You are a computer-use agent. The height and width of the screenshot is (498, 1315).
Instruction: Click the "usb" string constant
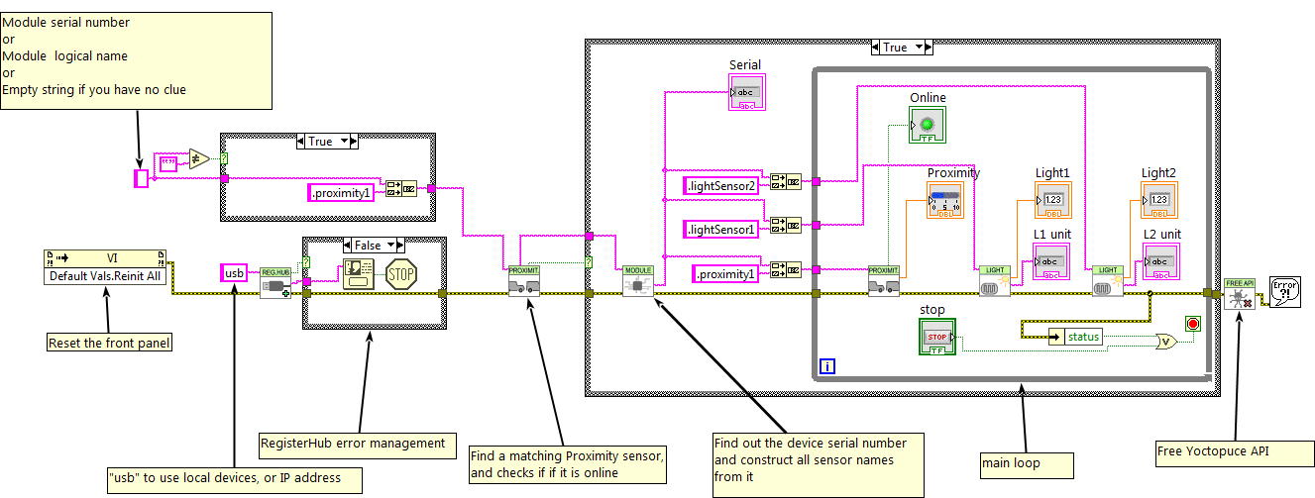(x=234, y=272)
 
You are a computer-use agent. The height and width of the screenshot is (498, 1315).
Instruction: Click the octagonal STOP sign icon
(x=400, y=273)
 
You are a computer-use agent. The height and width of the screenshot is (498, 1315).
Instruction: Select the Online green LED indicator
(x=928, y=125)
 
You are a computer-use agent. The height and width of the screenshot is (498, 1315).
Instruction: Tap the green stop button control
(x=936, y=337)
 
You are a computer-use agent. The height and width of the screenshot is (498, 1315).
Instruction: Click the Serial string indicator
(x=747, y=92)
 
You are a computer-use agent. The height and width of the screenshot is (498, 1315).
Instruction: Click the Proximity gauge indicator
(x=945, y=200)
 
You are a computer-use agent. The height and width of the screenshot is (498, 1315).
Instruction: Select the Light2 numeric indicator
(x=1158, y=200)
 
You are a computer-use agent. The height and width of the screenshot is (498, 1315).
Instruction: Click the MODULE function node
(x=638, y=281)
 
